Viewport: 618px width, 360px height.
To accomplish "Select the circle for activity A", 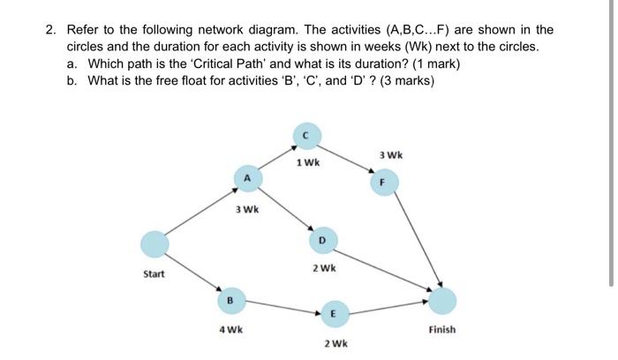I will pos(248,178).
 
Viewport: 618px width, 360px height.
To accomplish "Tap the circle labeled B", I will pos(230,301).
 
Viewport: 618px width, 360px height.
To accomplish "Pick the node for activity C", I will pos(305,135).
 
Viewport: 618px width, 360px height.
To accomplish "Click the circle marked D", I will pos(322,239).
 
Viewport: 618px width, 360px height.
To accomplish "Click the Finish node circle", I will pos(443,301).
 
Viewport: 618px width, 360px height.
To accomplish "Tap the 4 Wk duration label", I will pos(231,330).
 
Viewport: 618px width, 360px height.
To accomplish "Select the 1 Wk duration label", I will pos(309,163).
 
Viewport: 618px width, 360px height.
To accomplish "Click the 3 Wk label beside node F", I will pos(390,155).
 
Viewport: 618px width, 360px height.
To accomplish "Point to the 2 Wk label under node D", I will pos(324,267).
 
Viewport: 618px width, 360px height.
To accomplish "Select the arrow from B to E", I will pos(281,307).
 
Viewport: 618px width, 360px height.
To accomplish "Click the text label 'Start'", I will pos(154,274).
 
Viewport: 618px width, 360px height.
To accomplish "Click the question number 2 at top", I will pos(51,30).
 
